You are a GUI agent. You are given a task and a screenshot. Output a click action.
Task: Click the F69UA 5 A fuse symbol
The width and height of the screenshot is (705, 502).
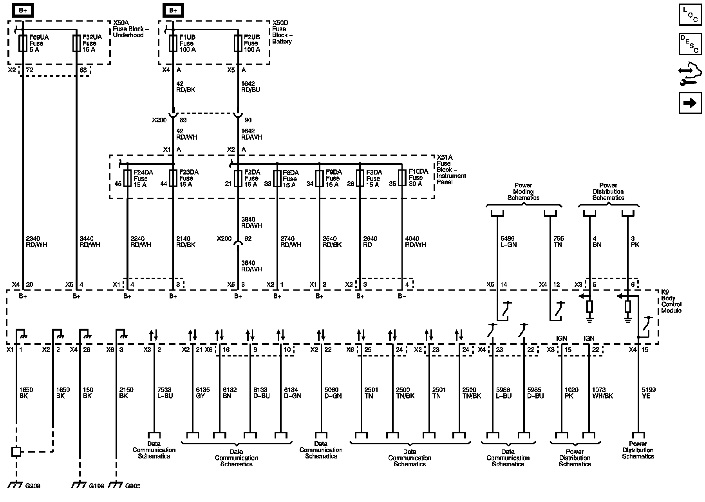coord(23,43)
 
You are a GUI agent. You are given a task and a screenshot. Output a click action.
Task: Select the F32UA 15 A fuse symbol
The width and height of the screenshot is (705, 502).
coord(76,43)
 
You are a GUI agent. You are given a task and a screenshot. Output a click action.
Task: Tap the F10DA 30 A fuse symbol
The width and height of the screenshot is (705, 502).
coord(402,178)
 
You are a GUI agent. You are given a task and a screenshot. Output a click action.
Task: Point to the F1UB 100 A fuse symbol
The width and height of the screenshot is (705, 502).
coord(173,43)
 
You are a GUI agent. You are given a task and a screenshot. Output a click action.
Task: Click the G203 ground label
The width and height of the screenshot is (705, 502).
coord(33,486)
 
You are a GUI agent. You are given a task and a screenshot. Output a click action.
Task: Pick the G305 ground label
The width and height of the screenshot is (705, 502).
coord(133,486)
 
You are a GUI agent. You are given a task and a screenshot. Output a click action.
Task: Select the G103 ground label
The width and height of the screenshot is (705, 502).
coord(96,486)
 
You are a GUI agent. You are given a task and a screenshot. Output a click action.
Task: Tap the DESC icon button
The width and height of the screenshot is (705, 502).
coord(690,44)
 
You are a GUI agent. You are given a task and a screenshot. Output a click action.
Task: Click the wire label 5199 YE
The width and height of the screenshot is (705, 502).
coord(649,393)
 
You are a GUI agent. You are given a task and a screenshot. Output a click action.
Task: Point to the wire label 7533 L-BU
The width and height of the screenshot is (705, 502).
coord(164,393)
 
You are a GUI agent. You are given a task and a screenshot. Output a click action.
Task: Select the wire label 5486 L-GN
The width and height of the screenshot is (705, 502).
coord(509,242)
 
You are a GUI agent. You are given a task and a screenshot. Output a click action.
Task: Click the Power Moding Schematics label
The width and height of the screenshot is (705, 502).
coord(523,191)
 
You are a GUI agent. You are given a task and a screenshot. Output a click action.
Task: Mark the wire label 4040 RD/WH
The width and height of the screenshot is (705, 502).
coord(415,242)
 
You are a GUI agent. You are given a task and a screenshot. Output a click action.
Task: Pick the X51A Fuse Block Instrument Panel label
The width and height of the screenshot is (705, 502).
coord(451,169)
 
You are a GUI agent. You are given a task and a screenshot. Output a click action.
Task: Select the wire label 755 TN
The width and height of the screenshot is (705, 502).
coord(559,242)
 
